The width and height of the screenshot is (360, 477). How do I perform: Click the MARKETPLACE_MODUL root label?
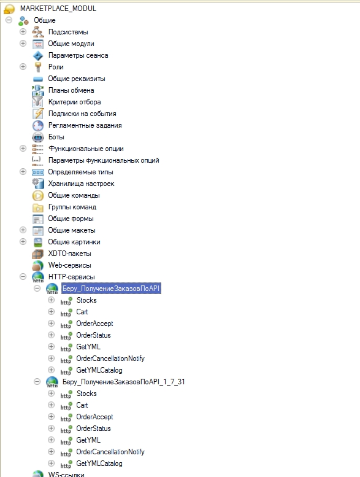(x=58, y=9)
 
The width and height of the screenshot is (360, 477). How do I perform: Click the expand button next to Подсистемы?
(x=23, y=32)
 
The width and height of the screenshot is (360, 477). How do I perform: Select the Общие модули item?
(x=71, y=44)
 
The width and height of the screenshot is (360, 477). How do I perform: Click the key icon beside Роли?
(x=38, y=67)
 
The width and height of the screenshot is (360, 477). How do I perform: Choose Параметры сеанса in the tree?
(x=78, y=55)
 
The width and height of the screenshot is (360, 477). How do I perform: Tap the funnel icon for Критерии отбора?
(x=37, y=102)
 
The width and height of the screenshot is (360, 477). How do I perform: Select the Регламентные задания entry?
(x=85, y=125)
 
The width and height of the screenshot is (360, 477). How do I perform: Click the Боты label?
(x=56, y=137)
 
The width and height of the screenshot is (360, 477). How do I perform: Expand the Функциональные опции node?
(x=23, y=149)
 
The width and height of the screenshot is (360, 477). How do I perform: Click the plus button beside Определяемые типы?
(x=23, y=171)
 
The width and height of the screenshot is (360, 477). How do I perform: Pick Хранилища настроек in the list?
(x=81, y=184)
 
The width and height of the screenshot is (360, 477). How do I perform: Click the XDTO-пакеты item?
(x=69, y=254)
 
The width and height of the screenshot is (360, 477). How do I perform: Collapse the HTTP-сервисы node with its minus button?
(x=23, y=276)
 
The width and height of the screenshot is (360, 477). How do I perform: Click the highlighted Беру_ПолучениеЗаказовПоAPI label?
(x=111, y=289)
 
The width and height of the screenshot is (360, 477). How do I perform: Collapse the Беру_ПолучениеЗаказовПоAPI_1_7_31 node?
(x=37, y=381)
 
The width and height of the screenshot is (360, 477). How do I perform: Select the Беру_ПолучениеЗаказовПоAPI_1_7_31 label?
(x=124, y=382)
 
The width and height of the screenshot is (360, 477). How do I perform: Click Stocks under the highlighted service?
(x=86, y=300)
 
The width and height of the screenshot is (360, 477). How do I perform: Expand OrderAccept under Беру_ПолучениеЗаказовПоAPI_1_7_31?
(x=51, y=416)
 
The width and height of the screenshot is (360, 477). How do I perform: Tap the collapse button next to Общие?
(x=9, y=20)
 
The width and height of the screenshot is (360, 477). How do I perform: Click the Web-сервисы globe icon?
(x=37, y=265)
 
